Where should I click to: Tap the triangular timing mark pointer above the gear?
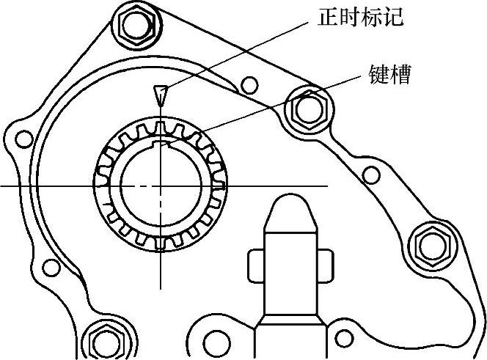159,95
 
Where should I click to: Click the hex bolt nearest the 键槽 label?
307,110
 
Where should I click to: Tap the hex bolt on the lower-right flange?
428,245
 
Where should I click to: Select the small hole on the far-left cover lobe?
24,139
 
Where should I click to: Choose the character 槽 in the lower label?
400,75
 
